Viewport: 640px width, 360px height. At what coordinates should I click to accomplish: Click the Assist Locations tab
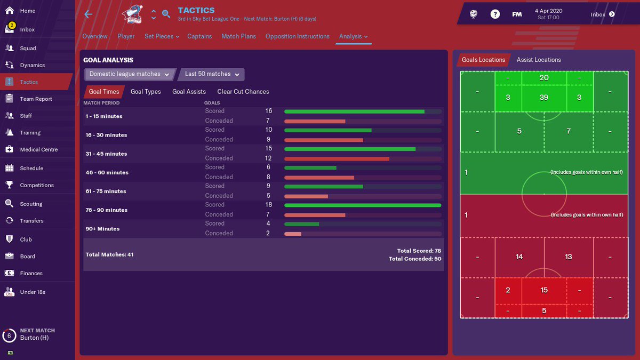coord(539,60)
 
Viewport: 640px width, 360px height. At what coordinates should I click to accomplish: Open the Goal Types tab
coord(146,92)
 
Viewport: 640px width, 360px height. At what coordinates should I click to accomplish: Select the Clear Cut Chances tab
coord(243,92)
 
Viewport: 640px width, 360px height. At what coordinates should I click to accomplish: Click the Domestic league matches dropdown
coord(130,74)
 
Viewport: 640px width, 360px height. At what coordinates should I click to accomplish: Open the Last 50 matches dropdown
coord(212,74)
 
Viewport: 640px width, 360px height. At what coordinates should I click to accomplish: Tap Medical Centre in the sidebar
coord(38,149)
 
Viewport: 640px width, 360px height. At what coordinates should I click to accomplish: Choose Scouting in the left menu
coord(31,204)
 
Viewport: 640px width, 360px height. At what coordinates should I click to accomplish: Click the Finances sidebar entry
coord(31,273)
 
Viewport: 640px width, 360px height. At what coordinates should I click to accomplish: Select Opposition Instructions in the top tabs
coord(297,36)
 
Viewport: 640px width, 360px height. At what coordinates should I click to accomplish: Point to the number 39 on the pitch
coord(544,97)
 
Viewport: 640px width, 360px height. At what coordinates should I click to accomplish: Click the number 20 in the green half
coord(544,78)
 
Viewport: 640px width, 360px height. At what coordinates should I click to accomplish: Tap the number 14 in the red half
coord(519,257)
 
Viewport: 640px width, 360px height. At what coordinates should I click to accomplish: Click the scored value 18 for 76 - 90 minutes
coord(268,205)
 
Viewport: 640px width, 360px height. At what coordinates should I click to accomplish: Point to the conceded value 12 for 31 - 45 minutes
coord(268,158)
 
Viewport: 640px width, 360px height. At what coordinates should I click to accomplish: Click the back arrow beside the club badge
coord(89,14)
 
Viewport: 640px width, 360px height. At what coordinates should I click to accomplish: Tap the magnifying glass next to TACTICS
coord(166,14)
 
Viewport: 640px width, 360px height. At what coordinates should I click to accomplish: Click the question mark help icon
coord(495,14)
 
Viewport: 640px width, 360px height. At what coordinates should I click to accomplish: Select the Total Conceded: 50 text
coord(414,259)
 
